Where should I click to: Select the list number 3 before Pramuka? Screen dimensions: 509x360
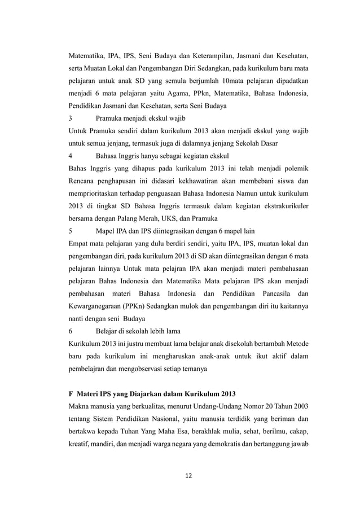(70, 119)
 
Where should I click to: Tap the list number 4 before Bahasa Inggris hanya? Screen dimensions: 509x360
(70, 155)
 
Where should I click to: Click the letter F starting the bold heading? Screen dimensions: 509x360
(71, 393)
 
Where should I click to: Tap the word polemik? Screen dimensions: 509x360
(297, 168)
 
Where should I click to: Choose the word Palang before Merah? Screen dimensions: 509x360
(131, 218)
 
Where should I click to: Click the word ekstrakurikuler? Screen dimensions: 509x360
(284, 206)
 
